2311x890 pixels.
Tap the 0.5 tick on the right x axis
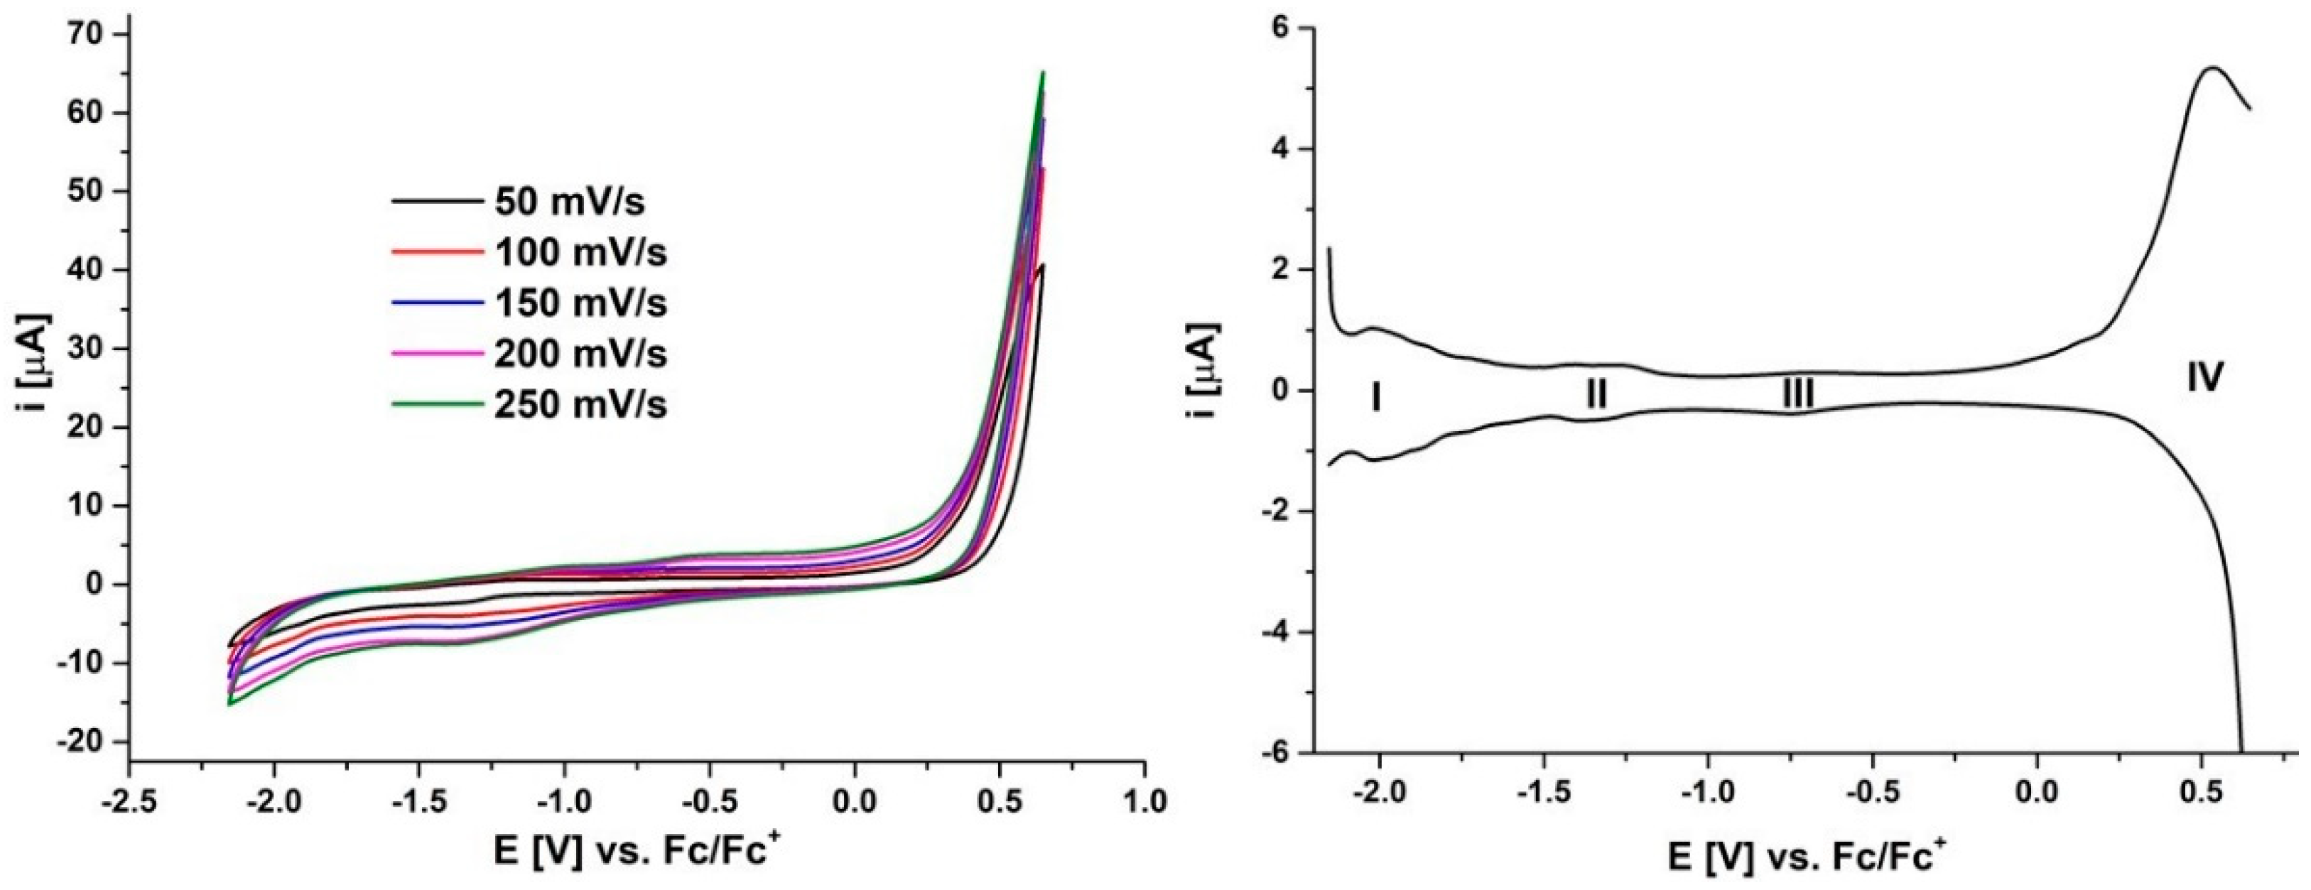(x=2202, y=797)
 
